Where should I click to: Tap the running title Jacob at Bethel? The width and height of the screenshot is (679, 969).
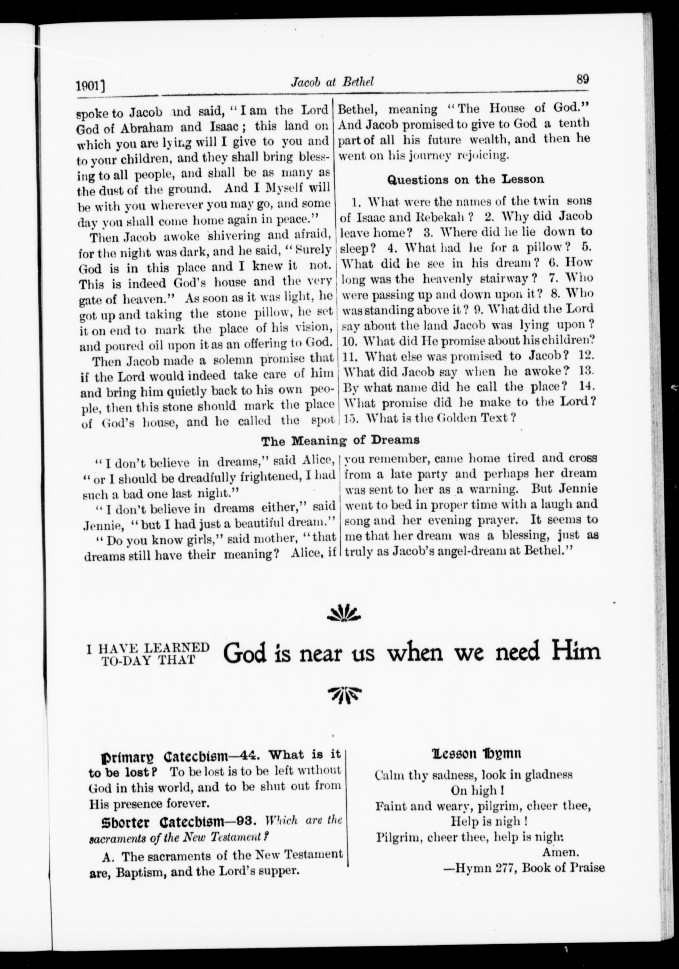click(x=333, y=82)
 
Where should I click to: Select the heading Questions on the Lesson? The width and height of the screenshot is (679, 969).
click(x=466, y=179)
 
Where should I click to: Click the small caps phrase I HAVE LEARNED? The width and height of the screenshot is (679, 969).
click(x=148, y=648)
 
